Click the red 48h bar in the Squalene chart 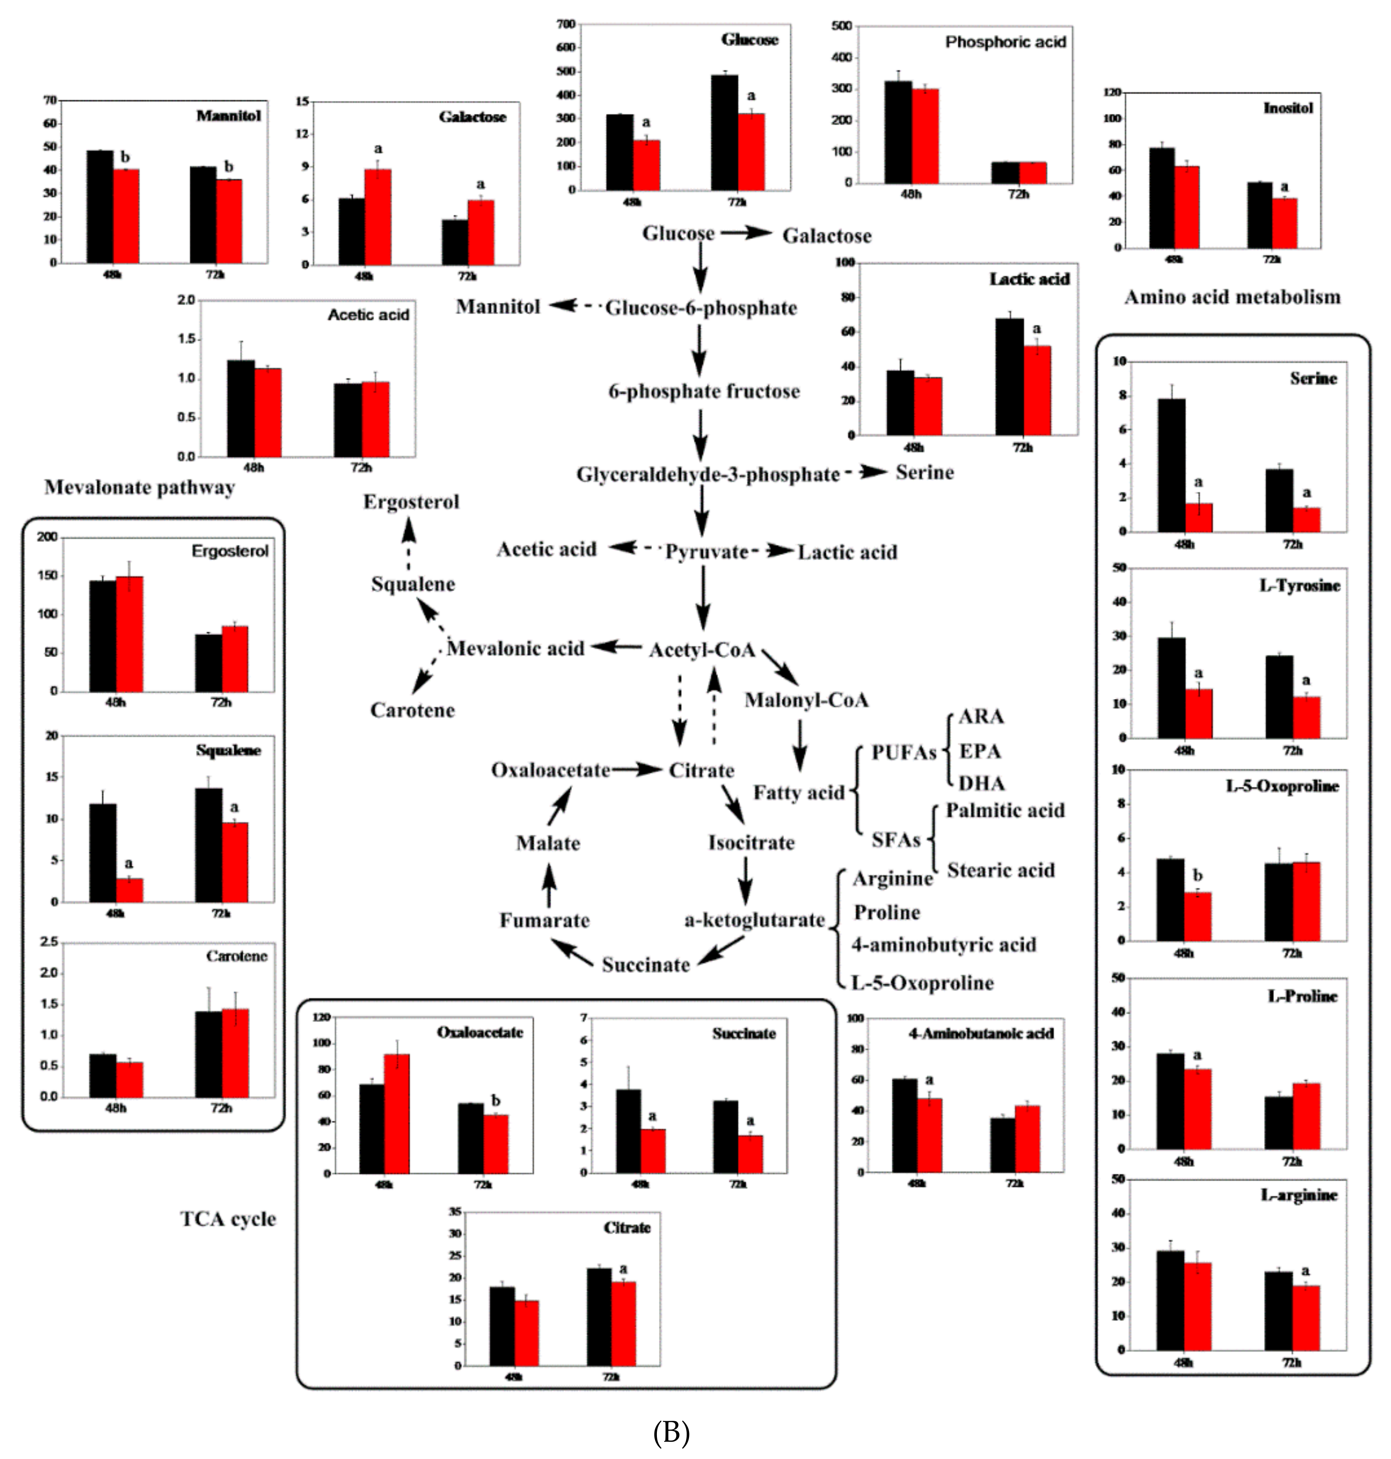(x=130, y=890)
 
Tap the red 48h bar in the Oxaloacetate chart (x=397, y=1113)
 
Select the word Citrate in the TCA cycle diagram (x=702, y=770)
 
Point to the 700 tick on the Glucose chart (x=566, y=25)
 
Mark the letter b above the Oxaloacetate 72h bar (x=496, y=1101)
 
